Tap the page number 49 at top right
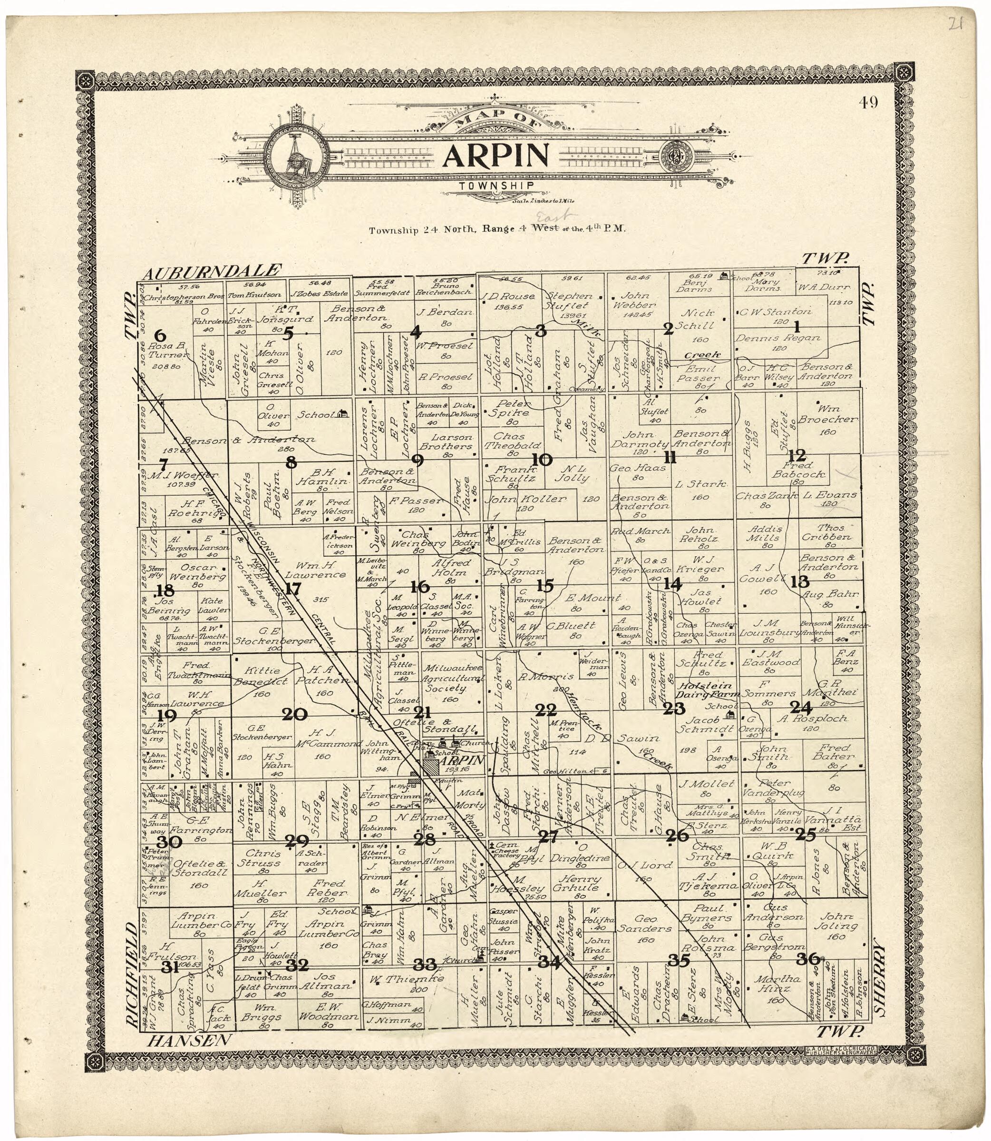coord(869,103)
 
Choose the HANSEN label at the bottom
coord(189,1040)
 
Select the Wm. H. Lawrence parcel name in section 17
coord(313,570)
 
